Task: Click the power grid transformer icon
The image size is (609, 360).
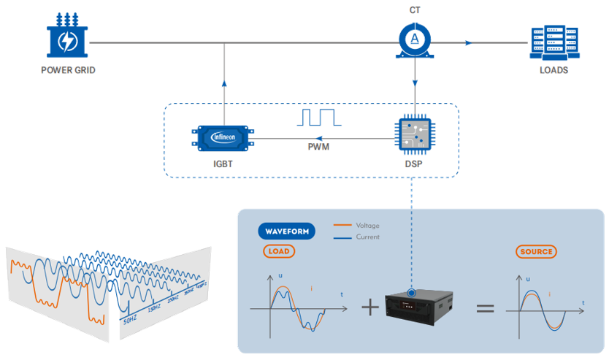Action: (x=68, y=37)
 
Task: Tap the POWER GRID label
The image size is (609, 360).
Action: (x=68, y=71)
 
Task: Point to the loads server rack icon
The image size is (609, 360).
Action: (x=554, y=42)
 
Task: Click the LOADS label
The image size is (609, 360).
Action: (x=554, y=71)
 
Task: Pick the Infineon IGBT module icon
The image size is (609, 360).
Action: (x=223, y=137)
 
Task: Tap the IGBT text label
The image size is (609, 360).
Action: (x=223, y=164)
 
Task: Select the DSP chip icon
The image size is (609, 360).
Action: (x=414, y=134)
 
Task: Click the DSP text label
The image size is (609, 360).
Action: (x=414, y=164)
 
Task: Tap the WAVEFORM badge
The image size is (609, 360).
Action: (x=286, y=231)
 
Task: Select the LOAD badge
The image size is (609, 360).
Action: (x=279, y=251)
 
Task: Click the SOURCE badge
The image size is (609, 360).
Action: (x=536, y=252)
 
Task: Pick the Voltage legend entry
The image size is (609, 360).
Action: (x=356, y=226)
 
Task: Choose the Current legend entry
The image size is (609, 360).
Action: (x=356, y=237)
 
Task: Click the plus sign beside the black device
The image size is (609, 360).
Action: (x=370, y=307)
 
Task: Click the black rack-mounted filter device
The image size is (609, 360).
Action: (x=421, y=305)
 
